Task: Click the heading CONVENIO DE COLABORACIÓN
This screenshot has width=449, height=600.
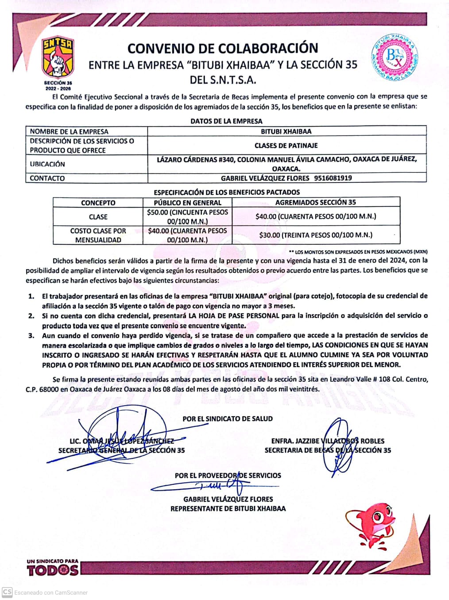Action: tap(223, 48)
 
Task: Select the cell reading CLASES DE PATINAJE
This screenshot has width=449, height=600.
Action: tap(286, 145)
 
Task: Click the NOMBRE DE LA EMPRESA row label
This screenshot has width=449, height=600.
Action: tap(69, 132)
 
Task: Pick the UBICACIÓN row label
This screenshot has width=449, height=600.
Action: tap(47, 164)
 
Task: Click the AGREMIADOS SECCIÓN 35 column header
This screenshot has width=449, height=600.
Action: tap(316, 202)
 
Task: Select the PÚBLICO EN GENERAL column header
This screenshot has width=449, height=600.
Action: tap(188, 203)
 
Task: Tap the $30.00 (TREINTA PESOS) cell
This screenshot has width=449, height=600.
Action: tap(316, 235)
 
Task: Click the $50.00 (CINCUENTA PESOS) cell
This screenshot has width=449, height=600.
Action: tap(188, 217)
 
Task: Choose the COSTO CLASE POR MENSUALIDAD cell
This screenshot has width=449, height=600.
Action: tap(98, 235)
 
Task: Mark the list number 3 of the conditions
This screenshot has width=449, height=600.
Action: tap(32, 335)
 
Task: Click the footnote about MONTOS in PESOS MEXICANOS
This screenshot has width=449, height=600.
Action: tap(358, 252)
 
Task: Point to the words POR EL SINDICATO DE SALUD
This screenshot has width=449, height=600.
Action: tap(228, 418)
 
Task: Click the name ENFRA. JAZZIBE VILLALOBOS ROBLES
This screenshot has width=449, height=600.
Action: tap(328, 441)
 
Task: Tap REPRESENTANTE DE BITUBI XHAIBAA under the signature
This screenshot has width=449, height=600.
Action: tap(228, 508)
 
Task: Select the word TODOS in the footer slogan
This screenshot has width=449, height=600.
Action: tap(53, 571)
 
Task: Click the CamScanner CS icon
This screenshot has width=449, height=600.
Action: tap(7, 592)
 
